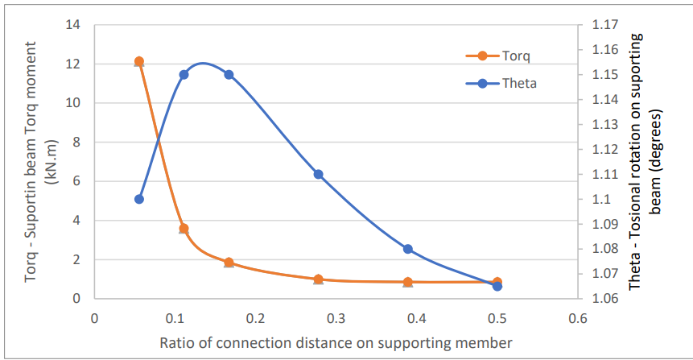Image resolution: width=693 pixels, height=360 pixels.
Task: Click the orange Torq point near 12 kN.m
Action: (139, 61)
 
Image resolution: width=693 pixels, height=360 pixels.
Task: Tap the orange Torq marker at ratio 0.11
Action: (184, 229)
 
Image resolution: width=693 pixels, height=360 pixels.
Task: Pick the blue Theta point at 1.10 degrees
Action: (139, 199)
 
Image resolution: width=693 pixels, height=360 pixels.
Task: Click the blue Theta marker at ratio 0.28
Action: (319, 174)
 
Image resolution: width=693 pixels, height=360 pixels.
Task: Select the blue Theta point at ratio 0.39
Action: (408, 249)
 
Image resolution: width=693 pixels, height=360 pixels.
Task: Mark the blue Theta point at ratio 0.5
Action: (497, 286)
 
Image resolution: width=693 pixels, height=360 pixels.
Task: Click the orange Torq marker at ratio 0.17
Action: (229, 263)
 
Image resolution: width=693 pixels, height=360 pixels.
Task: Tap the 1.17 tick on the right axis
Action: (604, 25)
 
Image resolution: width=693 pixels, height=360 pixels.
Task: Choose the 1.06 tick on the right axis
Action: (604, 299)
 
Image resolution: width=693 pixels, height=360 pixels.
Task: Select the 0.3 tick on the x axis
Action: (336, 317)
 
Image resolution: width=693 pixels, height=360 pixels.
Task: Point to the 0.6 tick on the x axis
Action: (578, 317)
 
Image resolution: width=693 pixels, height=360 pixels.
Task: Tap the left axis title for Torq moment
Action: (40, 161)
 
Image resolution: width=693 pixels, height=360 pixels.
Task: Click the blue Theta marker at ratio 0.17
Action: (229, 75)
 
